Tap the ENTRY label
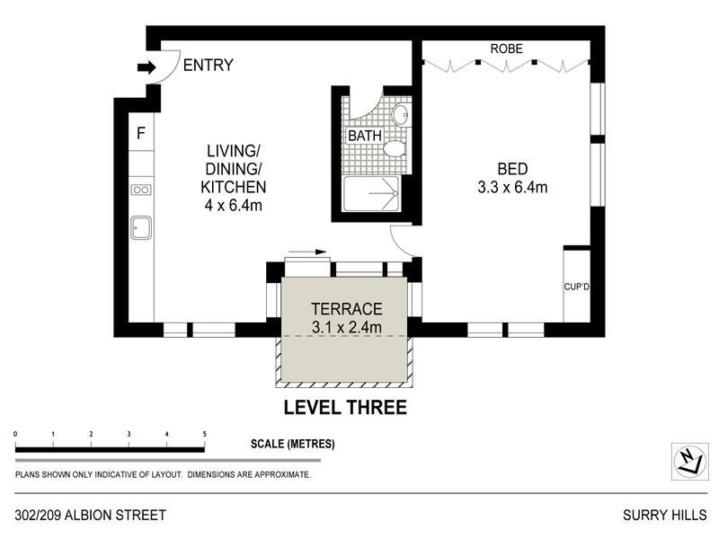tap(208, 66)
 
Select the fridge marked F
tap(140, 134)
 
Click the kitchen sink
tap(140, 228)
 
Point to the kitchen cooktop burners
tap(140, 190)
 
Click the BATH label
tap(365, 136)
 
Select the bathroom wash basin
tap(401, 114)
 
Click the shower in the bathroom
tap(371, 192)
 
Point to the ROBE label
tap(506, 49)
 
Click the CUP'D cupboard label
tap(575, 287)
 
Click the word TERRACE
tap(346, 307)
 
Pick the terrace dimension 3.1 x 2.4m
tap(346, 327)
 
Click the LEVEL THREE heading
tap(345, 408)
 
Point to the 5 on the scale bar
tap(205, 434)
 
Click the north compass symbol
tap(688, 461)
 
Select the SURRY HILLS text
tap(665, 516)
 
